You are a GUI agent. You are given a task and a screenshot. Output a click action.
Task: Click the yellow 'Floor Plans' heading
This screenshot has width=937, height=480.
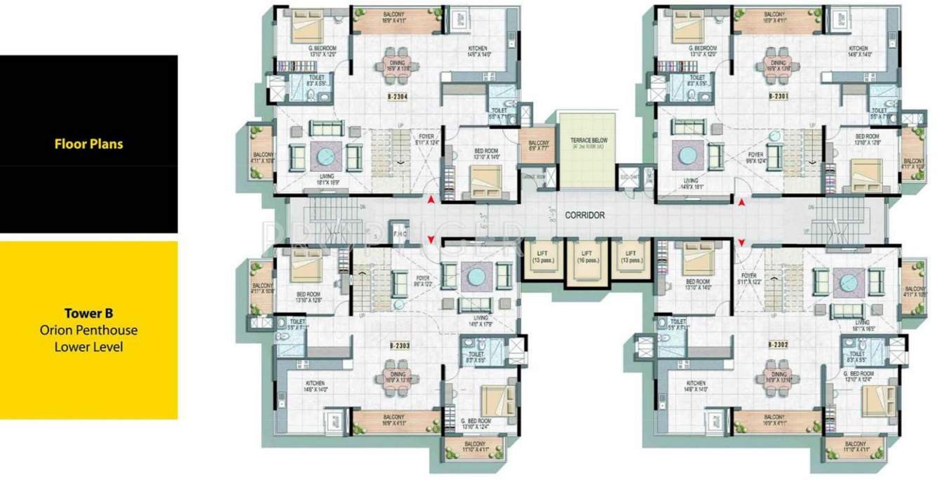[88, 144]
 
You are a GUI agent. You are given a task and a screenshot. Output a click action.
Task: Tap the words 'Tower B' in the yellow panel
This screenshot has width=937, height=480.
[88, 313]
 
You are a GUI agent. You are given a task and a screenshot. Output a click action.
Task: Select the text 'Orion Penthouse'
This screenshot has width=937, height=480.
[88, 330]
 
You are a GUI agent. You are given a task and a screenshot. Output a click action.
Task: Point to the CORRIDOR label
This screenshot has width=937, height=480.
[584, 216]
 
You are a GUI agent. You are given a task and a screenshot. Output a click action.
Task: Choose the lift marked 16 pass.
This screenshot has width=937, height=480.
[584, 256]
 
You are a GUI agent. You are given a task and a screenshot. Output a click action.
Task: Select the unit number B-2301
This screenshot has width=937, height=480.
[778, 95]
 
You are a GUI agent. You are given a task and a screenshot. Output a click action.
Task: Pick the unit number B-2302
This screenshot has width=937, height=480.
[779, 345]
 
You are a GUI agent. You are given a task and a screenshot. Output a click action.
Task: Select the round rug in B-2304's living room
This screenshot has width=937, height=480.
[326, 156]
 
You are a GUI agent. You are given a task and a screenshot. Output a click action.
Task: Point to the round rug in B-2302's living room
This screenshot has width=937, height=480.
[849, 281]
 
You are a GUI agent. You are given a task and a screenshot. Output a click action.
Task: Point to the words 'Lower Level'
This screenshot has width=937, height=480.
[88, 347]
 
